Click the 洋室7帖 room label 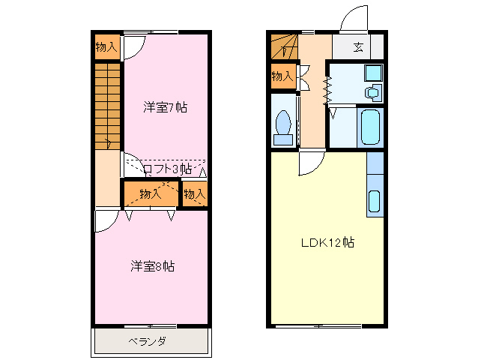(165, 107)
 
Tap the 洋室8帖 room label (153, 265)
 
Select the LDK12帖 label (327, 243)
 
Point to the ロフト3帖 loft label (166, 169)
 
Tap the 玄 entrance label (358, 47)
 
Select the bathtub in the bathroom (371, 127)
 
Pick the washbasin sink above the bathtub (372, 93)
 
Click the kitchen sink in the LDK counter (375, 201)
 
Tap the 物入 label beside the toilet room (282, 76)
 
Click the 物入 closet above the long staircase (106, 47)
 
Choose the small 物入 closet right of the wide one (195, 194)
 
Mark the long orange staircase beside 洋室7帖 (108, 105)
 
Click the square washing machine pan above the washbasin (372, 73)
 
